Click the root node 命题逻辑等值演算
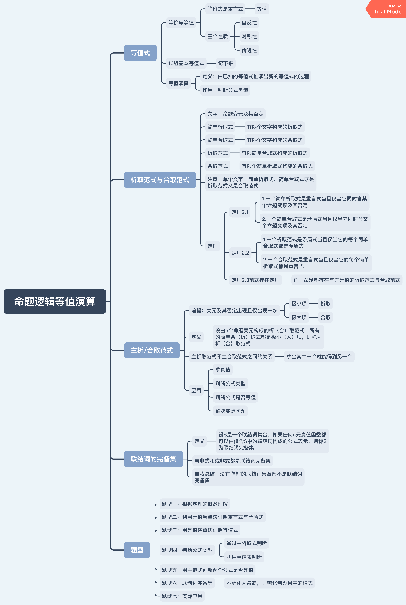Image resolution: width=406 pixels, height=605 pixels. tap(55, 301)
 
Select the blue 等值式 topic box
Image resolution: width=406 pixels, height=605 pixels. tap(140, 53)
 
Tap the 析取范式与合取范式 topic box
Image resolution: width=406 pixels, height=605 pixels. tap(160, 180)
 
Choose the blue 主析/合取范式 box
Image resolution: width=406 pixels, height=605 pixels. tap(152, 350)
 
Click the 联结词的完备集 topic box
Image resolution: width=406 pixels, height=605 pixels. tap(153, 459)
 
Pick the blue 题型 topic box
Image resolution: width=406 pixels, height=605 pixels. tap(137, 550)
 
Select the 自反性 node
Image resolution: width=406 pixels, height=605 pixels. tap(249, 23)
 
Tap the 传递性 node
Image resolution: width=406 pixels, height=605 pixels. tap(249, 50)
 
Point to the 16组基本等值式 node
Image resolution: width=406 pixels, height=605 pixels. tap(186, 63)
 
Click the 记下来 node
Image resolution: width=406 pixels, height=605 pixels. tap(226, 63)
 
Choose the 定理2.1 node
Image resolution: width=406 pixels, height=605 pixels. tap(240, 212)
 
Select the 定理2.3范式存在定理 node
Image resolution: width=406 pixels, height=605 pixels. tap(255, 280)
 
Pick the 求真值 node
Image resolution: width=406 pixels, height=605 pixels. tap(223, 370)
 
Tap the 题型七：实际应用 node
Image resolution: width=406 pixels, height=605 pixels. tap(182, 596)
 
